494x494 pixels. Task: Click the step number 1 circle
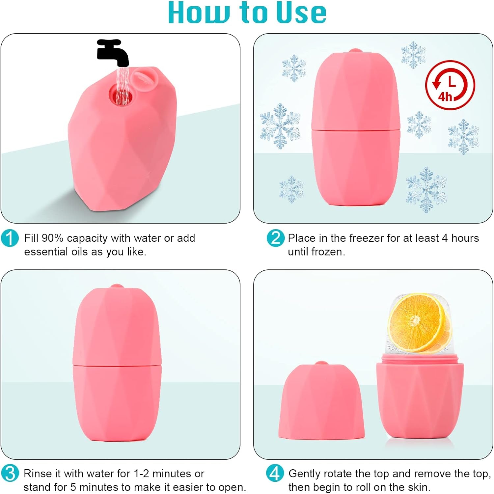point(10,238)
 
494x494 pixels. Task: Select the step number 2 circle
point(275,238)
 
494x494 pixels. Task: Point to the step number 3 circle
point(10,473)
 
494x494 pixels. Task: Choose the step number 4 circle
point(275,473)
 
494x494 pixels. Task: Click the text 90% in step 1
point(52,238)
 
